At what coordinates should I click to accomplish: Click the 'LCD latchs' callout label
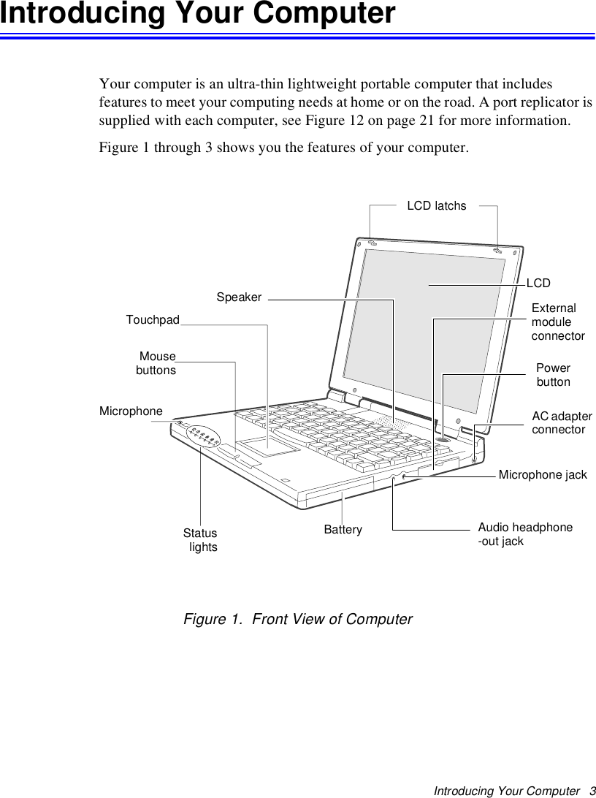click(x=436, y=205)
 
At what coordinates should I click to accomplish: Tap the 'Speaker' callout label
click(x=239, y=297)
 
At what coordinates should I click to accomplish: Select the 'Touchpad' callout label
click(x=153, y=320)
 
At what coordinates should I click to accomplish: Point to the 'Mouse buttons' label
click(x=156, y=363)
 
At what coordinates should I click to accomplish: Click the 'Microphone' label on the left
click(x=131, y=411)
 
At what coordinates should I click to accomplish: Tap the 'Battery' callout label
click(x=343, y=529)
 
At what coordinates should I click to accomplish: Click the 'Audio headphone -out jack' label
click(x=524, y=534)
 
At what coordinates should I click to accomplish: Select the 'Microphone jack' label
click(x=542, y=475)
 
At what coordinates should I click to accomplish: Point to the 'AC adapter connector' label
click(x=561, y=422)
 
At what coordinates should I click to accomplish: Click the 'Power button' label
click(x=553, y=375)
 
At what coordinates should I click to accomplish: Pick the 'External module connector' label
click(x=557, y=322)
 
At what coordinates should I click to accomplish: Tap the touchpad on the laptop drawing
click(x=269, y=446)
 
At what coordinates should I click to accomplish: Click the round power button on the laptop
click(x=443, y=439)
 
